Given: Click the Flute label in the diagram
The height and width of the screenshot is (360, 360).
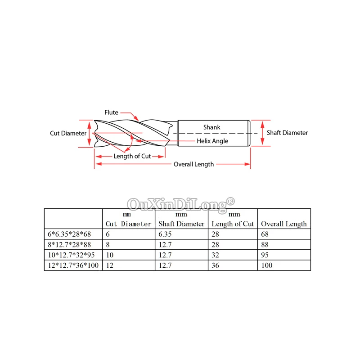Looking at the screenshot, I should click(112, 112).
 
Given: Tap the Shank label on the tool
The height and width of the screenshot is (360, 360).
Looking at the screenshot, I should click(211, 127).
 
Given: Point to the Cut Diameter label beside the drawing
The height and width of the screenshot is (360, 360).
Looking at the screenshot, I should click(68, 133).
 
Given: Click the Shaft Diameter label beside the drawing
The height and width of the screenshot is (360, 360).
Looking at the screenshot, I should click(287, 133).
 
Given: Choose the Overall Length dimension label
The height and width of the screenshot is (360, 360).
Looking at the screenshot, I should click(194, 164).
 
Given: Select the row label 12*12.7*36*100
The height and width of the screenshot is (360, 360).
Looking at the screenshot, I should click(72, 265).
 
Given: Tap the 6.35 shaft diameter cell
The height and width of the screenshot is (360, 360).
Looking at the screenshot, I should click(165, 234).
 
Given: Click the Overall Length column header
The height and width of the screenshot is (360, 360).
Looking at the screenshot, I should click(284, 224).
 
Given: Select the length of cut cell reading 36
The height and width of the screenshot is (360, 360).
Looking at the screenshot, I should click(215, 265).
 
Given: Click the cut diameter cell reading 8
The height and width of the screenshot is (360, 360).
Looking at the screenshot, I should click(108, 244).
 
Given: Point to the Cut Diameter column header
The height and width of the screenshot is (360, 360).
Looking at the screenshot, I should click(129, 224).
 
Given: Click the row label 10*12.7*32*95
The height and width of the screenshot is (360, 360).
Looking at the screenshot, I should click(70, 255).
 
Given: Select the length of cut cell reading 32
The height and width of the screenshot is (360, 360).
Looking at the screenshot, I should click(215, 255).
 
